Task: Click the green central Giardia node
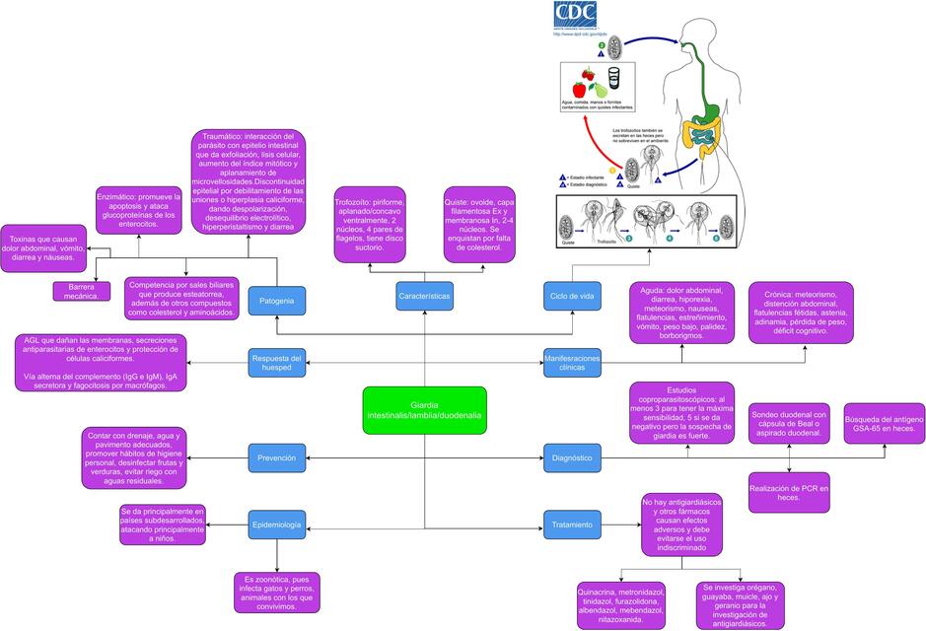pos(424,410)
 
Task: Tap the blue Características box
pos(424,296)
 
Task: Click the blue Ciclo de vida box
pos(572,296)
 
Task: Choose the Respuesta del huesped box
pos(276,362)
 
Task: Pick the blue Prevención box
pos(276,457)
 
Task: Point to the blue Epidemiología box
pos(276,526)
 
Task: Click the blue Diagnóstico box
pos(572,457)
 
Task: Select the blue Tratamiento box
pos(572,525)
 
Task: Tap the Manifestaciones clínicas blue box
pos(572,362)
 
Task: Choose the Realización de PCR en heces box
pos(789,493)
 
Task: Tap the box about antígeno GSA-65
pos(884,426)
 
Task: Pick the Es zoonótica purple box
pos(279,594)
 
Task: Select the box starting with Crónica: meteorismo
pos(801,313)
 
